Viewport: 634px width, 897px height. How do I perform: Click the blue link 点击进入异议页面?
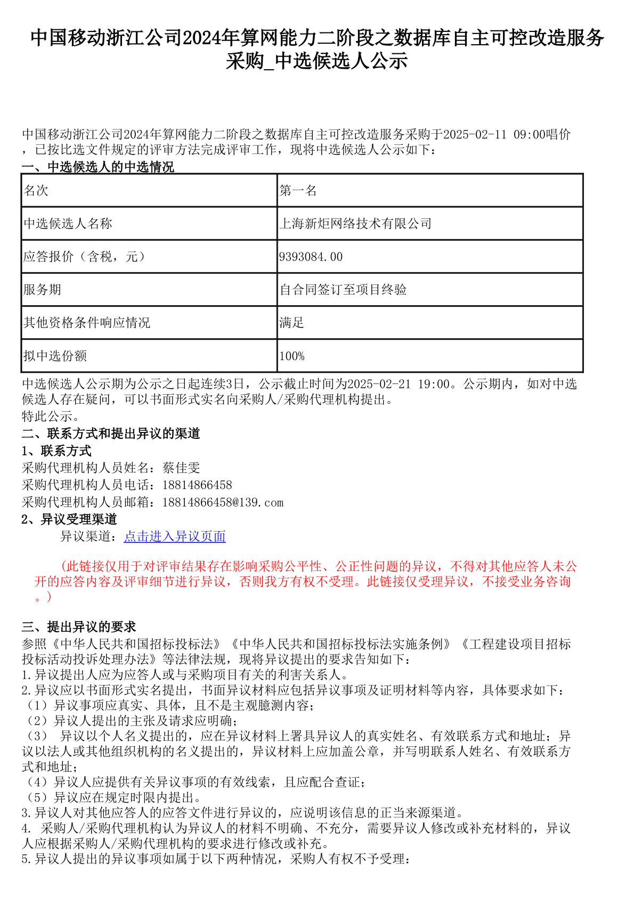point(175,536)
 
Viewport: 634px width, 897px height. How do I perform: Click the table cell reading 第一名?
point(298,191)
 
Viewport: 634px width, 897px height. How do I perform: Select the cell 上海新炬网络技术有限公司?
point(355,224)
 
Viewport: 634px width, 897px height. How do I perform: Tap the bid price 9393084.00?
point(311,257)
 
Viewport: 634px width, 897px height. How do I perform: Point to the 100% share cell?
point(292,356)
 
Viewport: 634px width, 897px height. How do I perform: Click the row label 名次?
point(36,191)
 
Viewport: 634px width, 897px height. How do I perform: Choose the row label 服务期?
point(42,290)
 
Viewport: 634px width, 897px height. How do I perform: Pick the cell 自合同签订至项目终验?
point(343,290)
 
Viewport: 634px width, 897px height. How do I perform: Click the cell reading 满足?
point(291,323)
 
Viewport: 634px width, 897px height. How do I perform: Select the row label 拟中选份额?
point(55,356)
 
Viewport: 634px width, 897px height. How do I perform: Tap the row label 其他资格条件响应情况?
point(86,323)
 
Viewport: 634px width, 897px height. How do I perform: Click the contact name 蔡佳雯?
point(181,468)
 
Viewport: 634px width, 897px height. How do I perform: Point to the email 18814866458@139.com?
point(223,502)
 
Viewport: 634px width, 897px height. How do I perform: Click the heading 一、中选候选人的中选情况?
point(98,167)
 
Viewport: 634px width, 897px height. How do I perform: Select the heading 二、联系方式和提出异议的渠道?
point(111,434)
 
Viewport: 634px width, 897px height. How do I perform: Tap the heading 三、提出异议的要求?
point(79,627)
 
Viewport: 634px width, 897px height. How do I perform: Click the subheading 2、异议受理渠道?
point(69,519)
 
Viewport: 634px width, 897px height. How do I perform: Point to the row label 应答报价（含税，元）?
point(84,257)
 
